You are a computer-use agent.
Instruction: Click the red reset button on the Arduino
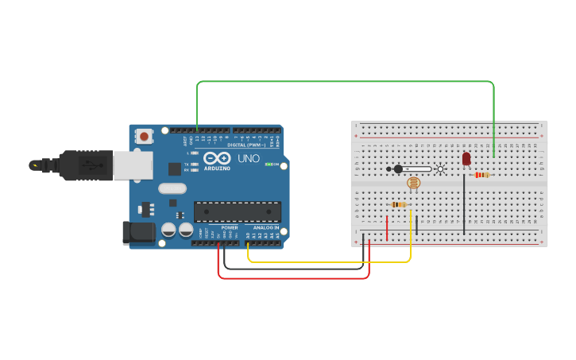pos(144,137)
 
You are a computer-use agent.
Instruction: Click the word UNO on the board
pos(249,158)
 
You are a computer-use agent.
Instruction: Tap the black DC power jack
pos(136,232)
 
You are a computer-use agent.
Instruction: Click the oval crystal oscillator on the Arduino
pos(172,188)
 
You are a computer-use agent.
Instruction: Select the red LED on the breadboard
pos(466,159)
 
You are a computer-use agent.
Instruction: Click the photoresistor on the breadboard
pos(413,184)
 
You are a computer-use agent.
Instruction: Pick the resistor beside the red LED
pos(481,175)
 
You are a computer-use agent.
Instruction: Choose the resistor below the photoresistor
pos(399,204)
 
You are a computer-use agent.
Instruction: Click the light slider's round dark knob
pos(398,168)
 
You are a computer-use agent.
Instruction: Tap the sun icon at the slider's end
pos(440,168)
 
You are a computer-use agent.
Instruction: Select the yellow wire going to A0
pos(330,261)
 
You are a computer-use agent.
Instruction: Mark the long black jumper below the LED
pos(464,204)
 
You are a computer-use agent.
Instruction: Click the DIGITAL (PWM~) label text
pos(247,145)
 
